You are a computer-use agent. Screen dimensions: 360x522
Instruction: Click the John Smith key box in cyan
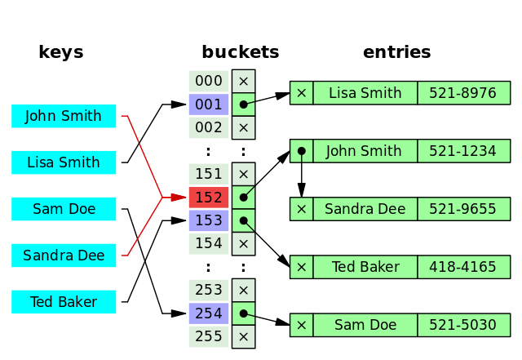click(64, 116)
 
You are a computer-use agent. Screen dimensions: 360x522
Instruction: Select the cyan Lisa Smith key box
click(64, 162)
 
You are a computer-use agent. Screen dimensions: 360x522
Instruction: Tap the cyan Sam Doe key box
click(64, 209)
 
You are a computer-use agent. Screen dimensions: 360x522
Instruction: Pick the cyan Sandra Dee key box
click(64, 256)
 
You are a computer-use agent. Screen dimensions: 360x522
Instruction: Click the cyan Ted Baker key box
click(64, 302)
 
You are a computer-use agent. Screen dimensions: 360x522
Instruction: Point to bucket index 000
click(209, 81)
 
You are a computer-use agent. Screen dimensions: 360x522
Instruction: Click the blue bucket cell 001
click(209, 104)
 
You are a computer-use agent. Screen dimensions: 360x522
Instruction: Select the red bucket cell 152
click(209, 198)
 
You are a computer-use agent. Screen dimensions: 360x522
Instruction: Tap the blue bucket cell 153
click(209, 220)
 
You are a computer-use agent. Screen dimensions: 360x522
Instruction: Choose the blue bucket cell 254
click(209, 313)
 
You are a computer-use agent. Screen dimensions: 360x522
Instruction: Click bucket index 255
click(209, 336)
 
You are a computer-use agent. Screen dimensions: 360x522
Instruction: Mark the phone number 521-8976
click(462, 93)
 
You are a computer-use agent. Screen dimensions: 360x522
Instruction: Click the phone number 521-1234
click(462, 151)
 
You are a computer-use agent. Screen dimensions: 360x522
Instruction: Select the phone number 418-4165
click(462, 267)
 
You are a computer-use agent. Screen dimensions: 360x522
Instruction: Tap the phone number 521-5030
click(462, 325)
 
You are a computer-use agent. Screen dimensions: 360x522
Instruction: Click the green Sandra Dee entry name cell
click(365, 209)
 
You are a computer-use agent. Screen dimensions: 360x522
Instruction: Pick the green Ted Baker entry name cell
click(365, 267)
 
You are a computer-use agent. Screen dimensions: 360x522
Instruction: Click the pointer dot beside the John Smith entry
click(302, 151)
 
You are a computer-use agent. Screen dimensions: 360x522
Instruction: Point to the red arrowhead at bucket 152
click(179, 198)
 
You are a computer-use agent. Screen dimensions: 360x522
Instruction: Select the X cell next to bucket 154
click(243, 244)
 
